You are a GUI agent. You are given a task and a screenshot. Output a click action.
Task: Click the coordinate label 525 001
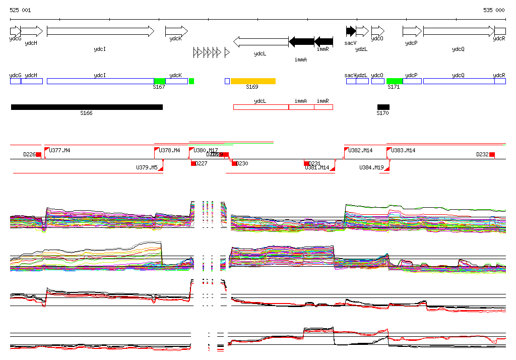tap(20, 10)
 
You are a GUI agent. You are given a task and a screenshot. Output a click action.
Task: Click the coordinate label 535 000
tap(494, 10)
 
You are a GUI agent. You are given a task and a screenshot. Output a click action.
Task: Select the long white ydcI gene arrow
tap(100, 31)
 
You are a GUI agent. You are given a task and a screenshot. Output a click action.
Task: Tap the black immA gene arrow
tap(301, 41)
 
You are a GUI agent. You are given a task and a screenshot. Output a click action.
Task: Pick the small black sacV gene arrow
tap(351, 31)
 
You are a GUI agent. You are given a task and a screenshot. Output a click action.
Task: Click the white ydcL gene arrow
tap(261, 41)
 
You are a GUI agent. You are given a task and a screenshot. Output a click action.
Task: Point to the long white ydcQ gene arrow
tap(459, 31)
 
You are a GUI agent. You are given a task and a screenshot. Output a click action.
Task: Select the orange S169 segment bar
tap(253, 81)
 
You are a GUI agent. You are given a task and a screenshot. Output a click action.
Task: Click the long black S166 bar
tap(87, 107)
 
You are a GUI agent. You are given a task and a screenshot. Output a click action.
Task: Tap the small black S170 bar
tap(383, 107)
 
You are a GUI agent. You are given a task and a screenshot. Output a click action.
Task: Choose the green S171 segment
tap(395, 81)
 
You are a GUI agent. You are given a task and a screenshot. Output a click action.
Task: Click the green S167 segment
tap(159, 81)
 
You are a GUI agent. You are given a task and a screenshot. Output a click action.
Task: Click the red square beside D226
tap(38, 154)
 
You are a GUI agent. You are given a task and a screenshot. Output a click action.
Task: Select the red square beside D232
tap(492, 154)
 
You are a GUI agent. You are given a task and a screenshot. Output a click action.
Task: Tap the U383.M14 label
tap(404, 150)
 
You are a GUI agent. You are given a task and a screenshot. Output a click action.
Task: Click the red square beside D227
tap(193, 163)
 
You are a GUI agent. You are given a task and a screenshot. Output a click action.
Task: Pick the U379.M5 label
tap(147, 167)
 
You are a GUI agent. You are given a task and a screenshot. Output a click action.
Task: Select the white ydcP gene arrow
tap(412, 31)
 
